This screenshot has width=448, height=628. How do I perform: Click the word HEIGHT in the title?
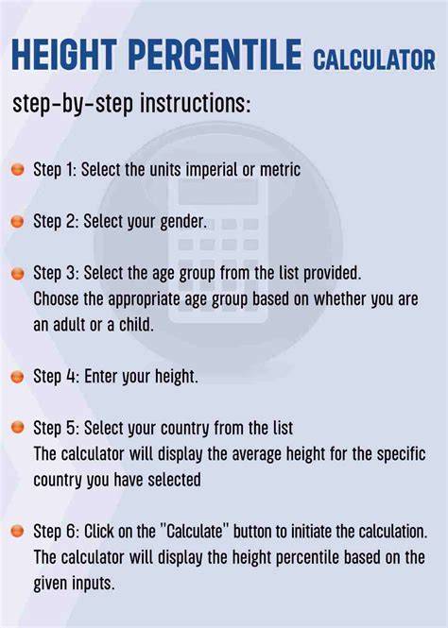[64, 55]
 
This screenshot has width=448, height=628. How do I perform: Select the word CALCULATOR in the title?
[374, 59]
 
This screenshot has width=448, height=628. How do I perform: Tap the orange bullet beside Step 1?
[18, 169]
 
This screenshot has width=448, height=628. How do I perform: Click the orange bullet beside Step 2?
[18, 221]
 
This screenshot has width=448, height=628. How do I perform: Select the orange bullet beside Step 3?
[18, 274]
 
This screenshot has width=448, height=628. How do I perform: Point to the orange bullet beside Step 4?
[18, 377]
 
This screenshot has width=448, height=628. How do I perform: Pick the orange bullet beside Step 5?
[18, 428]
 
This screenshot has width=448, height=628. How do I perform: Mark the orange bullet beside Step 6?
[18, 531]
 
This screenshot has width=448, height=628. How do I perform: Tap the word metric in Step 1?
[280, 170]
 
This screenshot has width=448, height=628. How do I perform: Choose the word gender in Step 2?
[183, 223]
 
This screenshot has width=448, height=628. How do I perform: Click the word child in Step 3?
[137, 325]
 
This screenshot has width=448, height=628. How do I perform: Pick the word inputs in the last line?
[93, 584]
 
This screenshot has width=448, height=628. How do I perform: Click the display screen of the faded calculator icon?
[218, 192]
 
